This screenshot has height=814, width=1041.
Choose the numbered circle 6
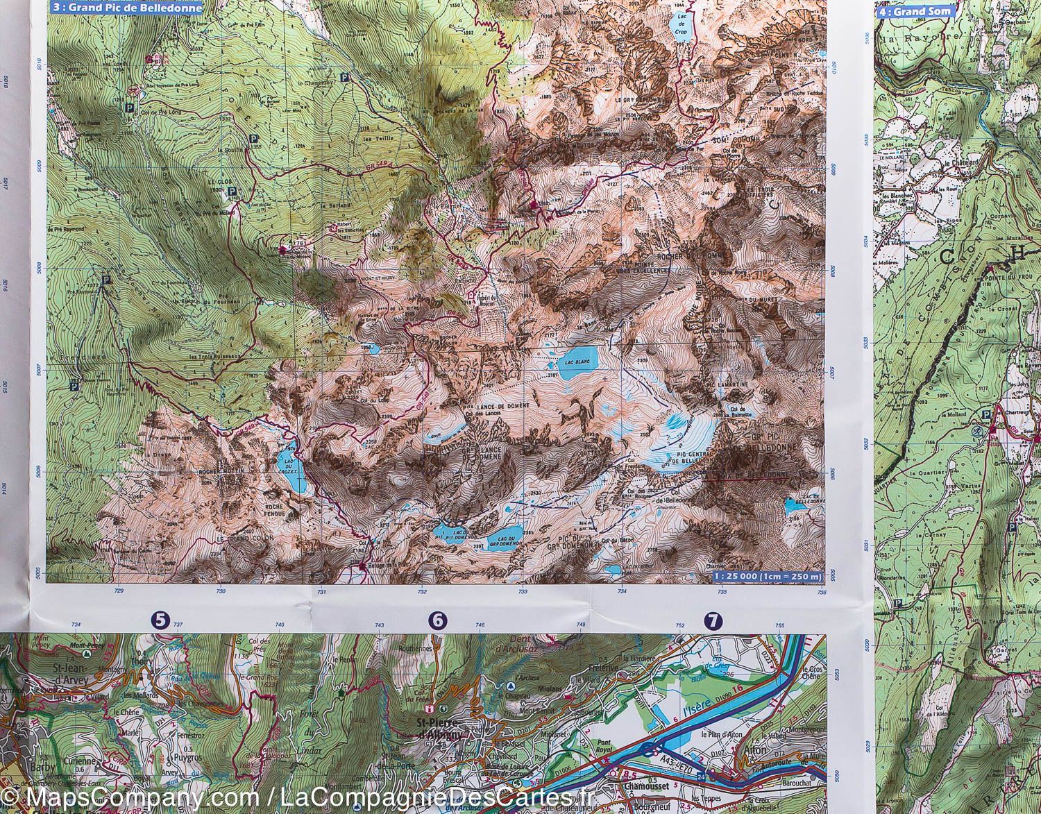438,621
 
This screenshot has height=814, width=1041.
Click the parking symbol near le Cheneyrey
345,78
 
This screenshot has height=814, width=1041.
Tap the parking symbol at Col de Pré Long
129,108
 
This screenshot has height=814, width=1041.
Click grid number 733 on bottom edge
522,592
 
